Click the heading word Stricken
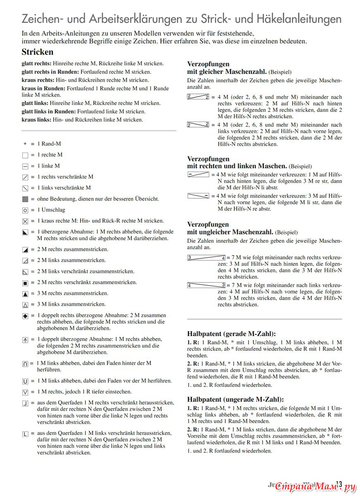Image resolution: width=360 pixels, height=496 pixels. pyautogui.click(x=38, y=52)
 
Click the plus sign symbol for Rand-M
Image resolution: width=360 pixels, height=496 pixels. pyautogui.click(x=25, y=144)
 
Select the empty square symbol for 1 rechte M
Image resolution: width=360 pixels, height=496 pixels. pyautogui.click(x=25, y=155)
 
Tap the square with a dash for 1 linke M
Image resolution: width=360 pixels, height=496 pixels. pyautogui.click(x=25, y=166)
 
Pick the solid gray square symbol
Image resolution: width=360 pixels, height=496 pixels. pyautogui.click(x=25, y=199)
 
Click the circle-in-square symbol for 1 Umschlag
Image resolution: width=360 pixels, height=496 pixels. pyautogui.click(x=25, y=210)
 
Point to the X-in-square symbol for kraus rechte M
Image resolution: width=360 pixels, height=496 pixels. pyautogui.click(x=25, y=221)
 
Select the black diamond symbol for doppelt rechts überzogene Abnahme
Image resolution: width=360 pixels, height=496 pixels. pyautogui.click(x=25, y=316)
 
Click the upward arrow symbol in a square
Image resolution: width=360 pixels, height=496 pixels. pyautogui.click(x=25, y=340)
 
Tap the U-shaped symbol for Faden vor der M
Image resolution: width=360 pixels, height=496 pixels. pyautogui.click(x=25, y=381)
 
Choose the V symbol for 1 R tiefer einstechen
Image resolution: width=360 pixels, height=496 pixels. pyautogui.click(x=25, y=392)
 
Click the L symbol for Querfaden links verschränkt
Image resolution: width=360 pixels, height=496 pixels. pyautogui.click(x=25, y=434)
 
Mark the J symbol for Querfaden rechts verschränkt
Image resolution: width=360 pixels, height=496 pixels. pyautogui.click(x=25, y=403)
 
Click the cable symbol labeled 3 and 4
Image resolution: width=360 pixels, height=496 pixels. pyautogui.click(x=206, y=258)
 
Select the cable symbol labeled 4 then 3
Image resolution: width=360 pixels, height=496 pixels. pyautogui.click(x=206, y=285)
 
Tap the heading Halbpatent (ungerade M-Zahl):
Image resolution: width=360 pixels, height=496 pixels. pyautogui.click(x=235, y=399)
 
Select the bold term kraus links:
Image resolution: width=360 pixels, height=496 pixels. pyautogui.click(x=36, y=119)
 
